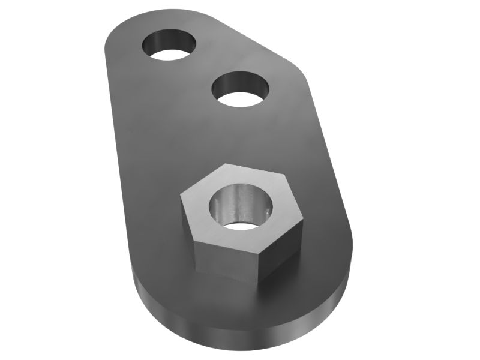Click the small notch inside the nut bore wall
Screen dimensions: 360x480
(265, 211)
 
